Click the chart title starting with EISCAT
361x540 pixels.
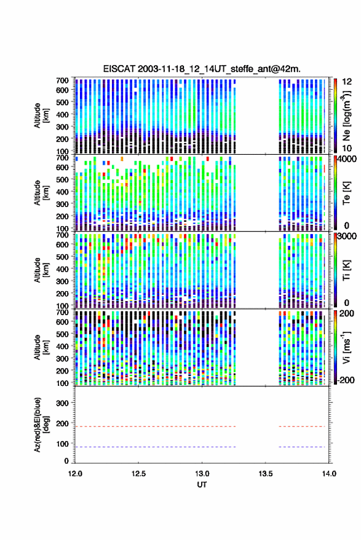[202, 69]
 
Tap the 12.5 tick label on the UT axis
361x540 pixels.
[138, 474]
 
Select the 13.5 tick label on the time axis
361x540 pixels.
[266, 474]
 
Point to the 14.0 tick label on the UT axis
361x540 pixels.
[329, 474]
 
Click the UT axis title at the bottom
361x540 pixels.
[202, 485]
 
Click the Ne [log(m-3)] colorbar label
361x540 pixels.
[346, 115]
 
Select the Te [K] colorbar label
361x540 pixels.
[346, 193]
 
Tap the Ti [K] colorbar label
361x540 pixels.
[346, 270]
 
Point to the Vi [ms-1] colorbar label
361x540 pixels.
[346, 348]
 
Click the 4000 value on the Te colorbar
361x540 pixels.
[347, 160]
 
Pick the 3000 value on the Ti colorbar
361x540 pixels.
[347, 237]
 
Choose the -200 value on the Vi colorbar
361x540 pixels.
[345, 380]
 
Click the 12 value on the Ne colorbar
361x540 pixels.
[347, 82]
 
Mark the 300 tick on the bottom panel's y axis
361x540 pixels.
[62, 403]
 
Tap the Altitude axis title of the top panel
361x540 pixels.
[41, 115]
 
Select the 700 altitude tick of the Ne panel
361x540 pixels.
[62, 80]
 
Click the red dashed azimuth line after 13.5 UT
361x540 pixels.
[302, 427]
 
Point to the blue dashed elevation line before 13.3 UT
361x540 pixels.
[155, 447]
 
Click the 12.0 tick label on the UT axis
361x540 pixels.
[75, 474]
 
